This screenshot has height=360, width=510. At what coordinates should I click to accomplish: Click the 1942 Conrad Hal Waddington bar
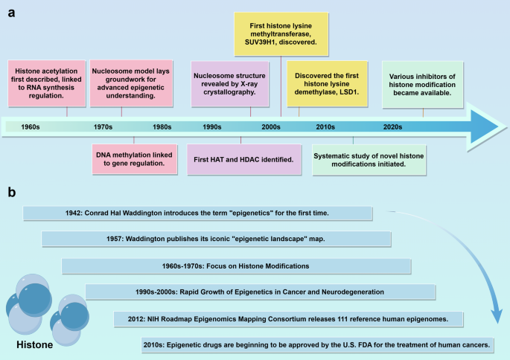(197, 213)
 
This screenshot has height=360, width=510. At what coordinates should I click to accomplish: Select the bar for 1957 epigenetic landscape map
(217, 239)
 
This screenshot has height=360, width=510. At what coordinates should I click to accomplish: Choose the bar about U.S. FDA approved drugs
(317, 344)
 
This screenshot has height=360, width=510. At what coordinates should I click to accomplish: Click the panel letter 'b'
(11, 191)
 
